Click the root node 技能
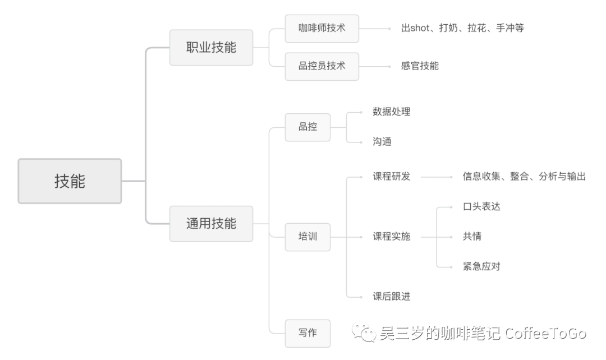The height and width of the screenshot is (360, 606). pos(70,181)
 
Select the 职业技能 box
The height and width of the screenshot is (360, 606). pos(211,48)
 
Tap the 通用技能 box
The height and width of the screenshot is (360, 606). pos(211,224)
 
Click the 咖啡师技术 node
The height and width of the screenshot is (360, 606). pos(322,28)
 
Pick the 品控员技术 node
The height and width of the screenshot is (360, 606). pos(322,66)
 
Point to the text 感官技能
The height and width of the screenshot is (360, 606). pos(420,66)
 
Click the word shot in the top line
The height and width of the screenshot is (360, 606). pos(420,28)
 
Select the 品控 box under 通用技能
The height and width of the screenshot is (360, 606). pos(307,127)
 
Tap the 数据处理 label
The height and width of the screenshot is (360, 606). pos(391,112)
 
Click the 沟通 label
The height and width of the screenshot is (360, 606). pos(382,142)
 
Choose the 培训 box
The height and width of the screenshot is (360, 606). pos(307,237)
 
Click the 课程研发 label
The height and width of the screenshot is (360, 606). pos(391,177)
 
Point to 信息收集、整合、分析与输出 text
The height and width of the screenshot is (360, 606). pos(524,177)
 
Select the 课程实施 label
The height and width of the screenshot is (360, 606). pos(391,237)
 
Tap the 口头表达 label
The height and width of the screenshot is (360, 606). pos(481,206)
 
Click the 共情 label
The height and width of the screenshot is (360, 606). pos(471,237)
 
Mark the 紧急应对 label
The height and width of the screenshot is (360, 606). pos(481,266)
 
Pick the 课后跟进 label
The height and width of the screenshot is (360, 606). pos(391,296)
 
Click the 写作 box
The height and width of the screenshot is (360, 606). pos(307,333)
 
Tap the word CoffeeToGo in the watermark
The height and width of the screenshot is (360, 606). pos(545,334)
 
